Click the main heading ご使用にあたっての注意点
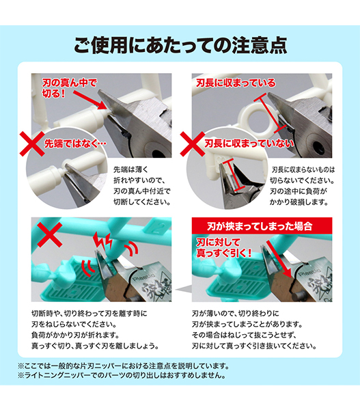click(180, 45)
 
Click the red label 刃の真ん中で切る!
click(69, 88)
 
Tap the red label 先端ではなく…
click(75, 143)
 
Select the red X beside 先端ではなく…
click(32, 143)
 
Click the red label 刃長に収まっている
click(236, 83)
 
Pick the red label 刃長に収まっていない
click(249, 143)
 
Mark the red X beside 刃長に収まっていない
click(193, 143)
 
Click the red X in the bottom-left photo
click(50, 235)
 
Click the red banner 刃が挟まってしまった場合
click(262, 225)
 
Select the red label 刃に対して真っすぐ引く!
click(224, 247)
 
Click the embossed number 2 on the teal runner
click(157, 228)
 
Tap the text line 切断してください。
click(142, 202)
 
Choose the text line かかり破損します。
click(299, 202)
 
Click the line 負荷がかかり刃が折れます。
click(75, 335)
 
